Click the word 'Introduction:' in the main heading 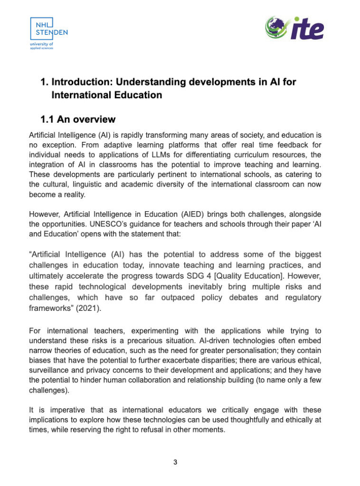80,82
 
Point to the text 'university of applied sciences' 42,46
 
